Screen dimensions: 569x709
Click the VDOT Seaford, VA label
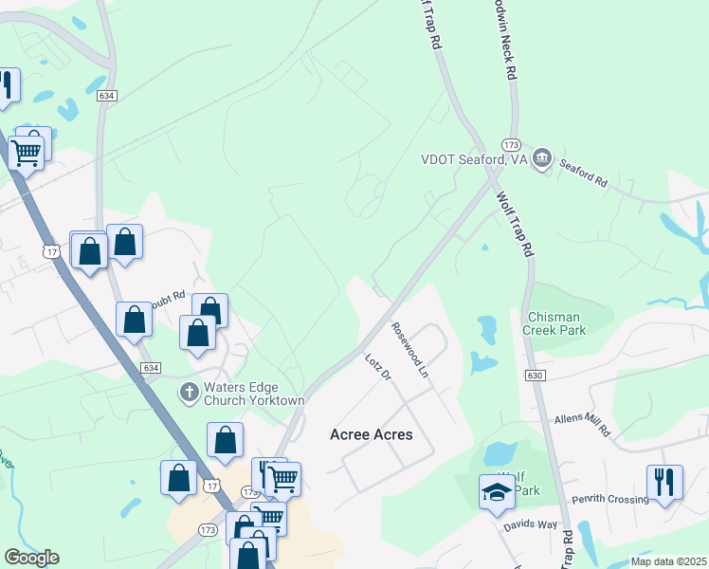pyautogui.click(x=473, y=159)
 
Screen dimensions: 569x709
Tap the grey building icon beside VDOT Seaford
pyautogui.click(x=542, y=158)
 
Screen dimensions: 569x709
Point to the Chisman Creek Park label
pyautogui.click(x=554, y=323)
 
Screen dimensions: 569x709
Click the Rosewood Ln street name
pyautogui.click(x=410, y=351)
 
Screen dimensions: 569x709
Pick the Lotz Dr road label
pyautogui.click(x=378, y=367)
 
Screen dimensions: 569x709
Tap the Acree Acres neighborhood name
pyautogui.click(x=371, y=434)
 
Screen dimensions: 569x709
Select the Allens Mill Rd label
pyautogui.click(x=582, y=424)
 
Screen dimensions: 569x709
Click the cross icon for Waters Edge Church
pyautogui.click(x=190, y=391)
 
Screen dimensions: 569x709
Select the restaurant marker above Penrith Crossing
pyautogui.click(x=664, y=482)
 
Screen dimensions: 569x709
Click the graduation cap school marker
pyautogui.click(x=497, y=491)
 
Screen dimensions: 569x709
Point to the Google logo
pyautogui.click(x=31, y=558)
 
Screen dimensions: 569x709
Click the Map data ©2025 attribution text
pyautogui.click(x=668, y=561)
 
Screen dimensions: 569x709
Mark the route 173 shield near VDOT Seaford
pyautogui.click(x=511, y=144)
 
